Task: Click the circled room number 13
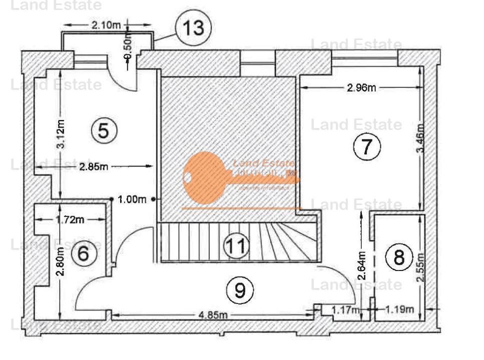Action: click(193, 28)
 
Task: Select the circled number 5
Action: click(104, 131)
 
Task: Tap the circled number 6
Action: click(83, 254)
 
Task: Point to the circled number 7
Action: click(367, 146)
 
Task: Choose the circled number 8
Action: click(399, 257)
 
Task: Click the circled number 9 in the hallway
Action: click(240, 290)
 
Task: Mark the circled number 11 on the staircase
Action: click(236, 245)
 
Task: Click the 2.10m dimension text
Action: click(107, 25)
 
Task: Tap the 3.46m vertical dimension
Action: click(420, 138)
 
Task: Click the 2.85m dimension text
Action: click(94, 166)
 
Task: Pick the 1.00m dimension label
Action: click(132, 199)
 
